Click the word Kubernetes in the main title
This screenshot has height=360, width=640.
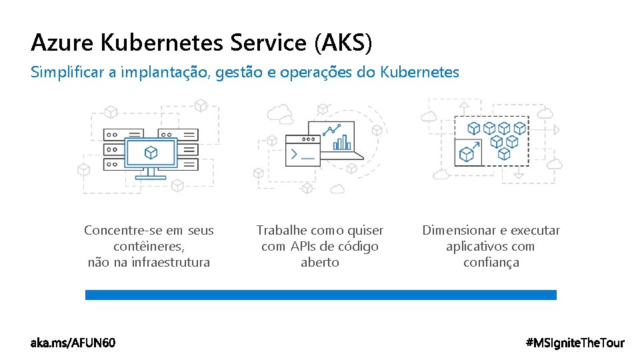[162, 43]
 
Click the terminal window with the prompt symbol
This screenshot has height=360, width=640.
[301, 151]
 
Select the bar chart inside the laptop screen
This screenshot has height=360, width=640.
[341, 142]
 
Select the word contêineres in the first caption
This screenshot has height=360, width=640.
[149, 247]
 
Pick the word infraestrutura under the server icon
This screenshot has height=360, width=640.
[170, 263]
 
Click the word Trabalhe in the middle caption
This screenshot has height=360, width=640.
[281, 231]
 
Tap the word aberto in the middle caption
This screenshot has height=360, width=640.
[320, 263]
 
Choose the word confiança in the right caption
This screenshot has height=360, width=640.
[491, 263]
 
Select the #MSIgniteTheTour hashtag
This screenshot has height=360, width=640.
[575, 343]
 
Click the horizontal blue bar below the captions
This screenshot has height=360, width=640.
[321, 295]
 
